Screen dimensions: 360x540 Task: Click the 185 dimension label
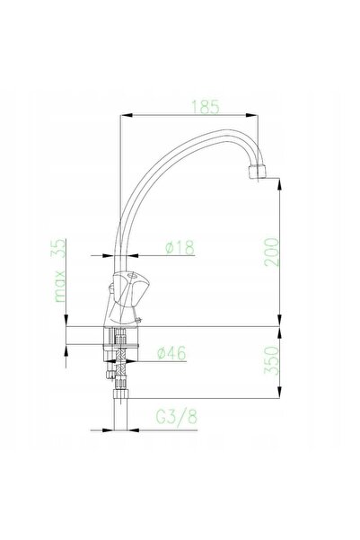tap(205, 107)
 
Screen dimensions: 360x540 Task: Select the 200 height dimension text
tap(272, 252)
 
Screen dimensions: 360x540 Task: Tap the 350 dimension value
tap(272, 360)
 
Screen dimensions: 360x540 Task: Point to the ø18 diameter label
tap(180, 248)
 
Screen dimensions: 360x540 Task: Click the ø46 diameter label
tap(171, 353)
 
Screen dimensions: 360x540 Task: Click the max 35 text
tap(60, 270)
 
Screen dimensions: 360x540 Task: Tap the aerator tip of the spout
tap(257, 172)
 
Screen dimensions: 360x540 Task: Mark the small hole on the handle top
tap(131, 276)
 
